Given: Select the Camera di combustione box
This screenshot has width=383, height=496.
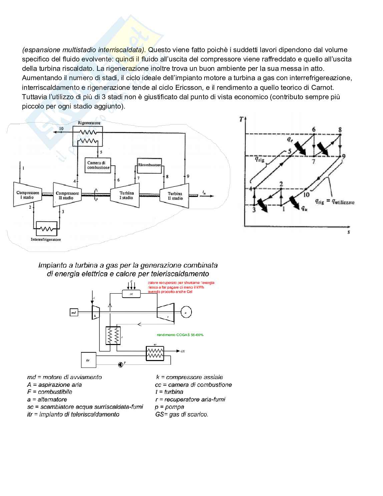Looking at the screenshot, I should (x=98, y=165).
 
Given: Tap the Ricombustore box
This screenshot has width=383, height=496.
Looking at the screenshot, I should (x=149, y=165).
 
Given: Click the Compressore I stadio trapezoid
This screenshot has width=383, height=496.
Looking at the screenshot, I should (x=28, y=195).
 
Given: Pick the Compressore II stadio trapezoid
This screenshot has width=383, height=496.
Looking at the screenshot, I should (x=67, y=195).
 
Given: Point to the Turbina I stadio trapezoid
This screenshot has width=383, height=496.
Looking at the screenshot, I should (x=126, y=195).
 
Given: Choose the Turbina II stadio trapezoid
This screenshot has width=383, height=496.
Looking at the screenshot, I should (x=175, y=196).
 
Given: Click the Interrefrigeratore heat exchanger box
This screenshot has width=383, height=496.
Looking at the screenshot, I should (x=46, y=229).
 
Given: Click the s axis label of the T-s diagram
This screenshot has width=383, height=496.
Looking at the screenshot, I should (x=349, y=231).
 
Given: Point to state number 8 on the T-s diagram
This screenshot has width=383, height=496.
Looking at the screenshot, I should (x=340, y=130).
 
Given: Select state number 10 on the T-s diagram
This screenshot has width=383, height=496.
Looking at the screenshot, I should (x=306, y=194).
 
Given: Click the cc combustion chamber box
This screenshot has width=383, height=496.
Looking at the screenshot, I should (x=131, y=294).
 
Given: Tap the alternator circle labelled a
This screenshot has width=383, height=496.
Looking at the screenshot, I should (x=186, y=312).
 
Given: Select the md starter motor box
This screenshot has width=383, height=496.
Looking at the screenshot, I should (x=74, y=313).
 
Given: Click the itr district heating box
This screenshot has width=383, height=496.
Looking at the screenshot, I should (x=88, y=360).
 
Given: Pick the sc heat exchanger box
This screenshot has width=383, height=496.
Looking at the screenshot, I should (x=155, y=353).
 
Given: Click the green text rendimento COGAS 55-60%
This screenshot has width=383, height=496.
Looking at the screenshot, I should (x=180, y=335).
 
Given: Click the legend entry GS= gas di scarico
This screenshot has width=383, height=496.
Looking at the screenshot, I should (x=181, y=415).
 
